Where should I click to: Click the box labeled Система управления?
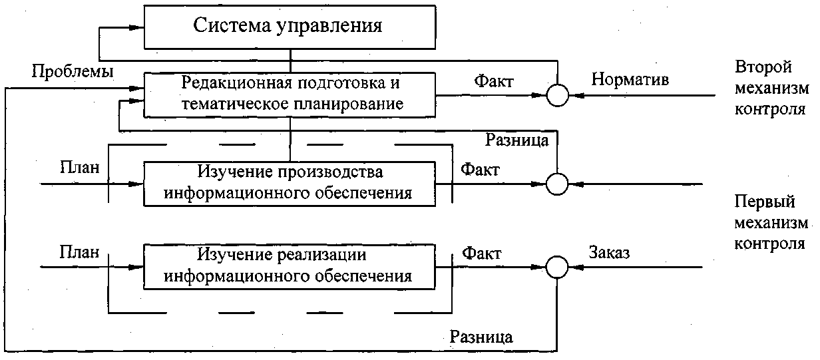[x=289, y=27]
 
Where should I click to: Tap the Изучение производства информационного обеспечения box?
[x=289, y=182]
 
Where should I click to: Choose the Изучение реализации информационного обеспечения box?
[x=289, y=266]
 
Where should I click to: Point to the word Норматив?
[x=630, y=80]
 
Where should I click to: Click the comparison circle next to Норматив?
[x=557, y=96]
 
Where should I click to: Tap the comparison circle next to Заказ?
[x=557, y=268]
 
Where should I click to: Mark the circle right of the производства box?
[x=557, y=183]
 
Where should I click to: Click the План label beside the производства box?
[x=79, y=168]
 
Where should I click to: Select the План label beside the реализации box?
[x=79, y=253]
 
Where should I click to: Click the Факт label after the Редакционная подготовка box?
[x=493, y=81]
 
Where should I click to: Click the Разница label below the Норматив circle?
[x=516, y=140]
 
